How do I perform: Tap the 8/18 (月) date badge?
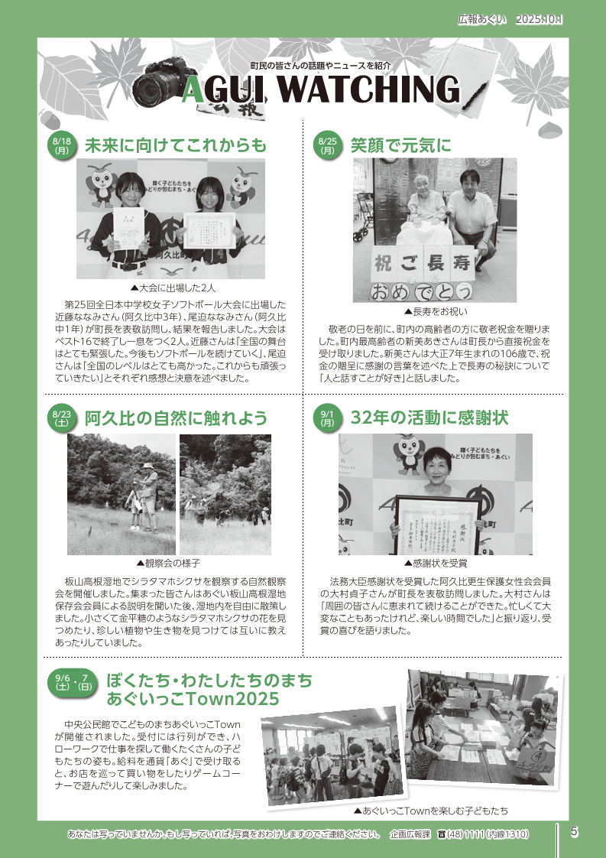(63, 146)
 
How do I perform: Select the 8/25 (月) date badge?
(328, 146)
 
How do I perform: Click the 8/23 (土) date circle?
(63, 418)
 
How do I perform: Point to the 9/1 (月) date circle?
(328, 418)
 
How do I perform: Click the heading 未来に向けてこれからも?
(176, 145)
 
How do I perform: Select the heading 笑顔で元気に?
(401, 145)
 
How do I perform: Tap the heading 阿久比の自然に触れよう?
(176, 418)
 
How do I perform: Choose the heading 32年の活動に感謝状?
(429, 418)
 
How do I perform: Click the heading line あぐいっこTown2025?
(193, 699)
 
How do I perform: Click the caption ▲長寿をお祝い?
(436, 311)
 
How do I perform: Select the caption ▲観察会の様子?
(168, 563)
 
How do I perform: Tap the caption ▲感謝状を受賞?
(436, 563)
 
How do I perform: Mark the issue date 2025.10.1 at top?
(540, 19)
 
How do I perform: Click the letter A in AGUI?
(194, 89)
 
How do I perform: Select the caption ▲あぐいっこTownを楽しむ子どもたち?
(431, 811)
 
